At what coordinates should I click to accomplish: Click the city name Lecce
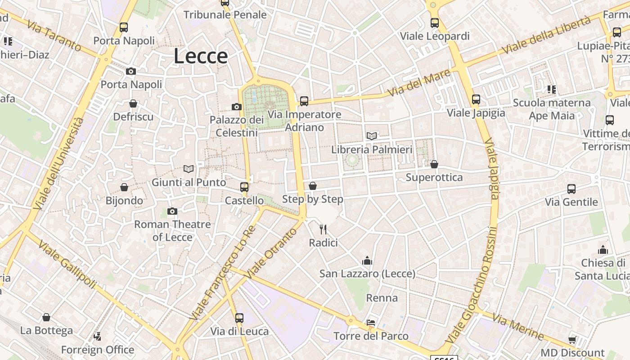pyautogui.click(x=201, y=56)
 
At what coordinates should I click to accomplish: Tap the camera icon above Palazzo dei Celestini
pyautogui.click(x=237, y=107)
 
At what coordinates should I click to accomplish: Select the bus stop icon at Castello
pyautogui.click(x=244, y=187)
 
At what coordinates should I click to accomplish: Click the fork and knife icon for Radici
pyautogui.click(x=323, y=229)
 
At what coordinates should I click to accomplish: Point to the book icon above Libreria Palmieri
pyautogui.click(x=372, y=136)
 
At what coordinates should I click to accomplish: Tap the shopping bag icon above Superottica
pyautogui.click(x=434, y=164)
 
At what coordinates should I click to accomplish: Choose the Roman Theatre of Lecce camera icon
pyautogui.click(x=172, y=211)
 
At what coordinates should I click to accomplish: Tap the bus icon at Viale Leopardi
pyautogui.click(x=435, y=22)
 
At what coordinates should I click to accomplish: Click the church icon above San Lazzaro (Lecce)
pyautogui.click(x=367, y=261)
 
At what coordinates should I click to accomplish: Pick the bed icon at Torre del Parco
pyautogui.click(x=371, y=323)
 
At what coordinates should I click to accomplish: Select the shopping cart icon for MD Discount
pyautogui.click(x=572, y=340)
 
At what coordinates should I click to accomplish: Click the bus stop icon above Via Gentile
pyautogui.click(x=571, y=189)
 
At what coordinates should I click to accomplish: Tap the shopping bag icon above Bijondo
pyautogui.click(x=124, y=187)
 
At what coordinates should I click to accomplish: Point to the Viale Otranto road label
pyautogui.click(x=272, y=252)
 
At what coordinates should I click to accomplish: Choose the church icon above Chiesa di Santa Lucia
pyautogui.click(x=603, y=250)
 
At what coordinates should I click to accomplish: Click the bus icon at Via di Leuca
pyautogui.click(x=239, y=318)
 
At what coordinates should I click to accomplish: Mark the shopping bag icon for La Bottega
pyautogui.click(x=46, y=318)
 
